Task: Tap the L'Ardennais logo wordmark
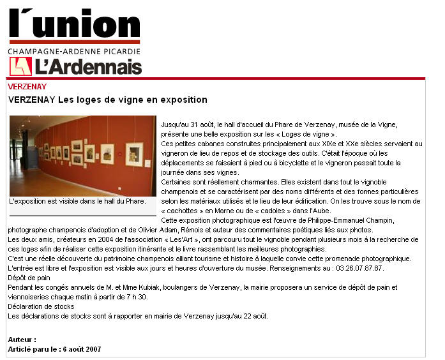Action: [88, 66]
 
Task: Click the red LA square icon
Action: [20, 66]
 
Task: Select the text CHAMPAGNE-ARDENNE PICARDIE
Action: [74, 51]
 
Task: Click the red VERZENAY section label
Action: [27, 86]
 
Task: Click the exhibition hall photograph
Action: [82, 156]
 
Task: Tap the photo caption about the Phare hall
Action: [77, 202]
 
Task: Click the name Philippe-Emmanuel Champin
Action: [340, 220]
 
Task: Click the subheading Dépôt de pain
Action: [29, 278]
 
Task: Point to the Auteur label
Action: [22, 340]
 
